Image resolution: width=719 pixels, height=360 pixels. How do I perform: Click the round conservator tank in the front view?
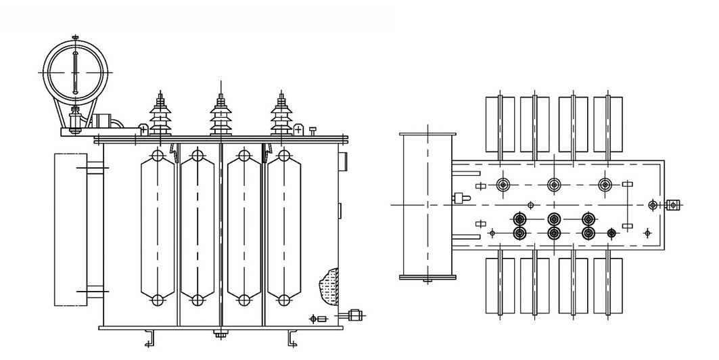coord(75,71)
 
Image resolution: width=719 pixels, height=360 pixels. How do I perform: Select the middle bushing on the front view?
coord(219,115)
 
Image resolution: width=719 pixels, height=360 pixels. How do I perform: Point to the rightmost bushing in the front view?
coord(279,115)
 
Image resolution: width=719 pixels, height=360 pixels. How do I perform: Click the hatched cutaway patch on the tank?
coord(329,284)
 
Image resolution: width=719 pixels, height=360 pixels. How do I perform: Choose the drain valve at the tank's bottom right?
coord(355,315)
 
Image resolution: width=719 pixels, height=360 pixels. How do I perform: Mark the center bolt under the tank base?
coord(219,333)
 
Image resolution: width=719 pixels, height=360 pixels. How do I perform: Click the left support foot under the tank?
coord(150,337)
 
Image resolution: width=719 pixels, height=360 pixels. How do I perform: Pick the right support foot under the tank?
coord(292,337)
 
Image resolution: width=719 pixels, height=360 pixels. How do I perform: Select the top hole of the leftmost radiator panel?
coord(158,156)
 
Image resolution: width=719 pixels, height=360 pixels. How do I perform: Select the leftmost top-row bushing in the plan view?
coord(503,185)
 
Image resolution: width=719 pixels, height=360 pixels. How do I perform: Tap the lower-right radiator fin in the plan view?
coord(607,285)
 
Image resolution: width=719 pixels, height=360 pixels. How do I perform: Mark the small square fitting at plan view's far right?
coord(674,205)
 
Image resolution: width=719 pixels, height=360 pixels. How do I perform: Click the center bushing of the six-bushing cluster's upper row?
coord(555,219)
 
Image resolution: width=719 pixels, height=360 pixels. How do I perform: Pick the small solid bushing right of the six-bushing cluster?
coord(611,233)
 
